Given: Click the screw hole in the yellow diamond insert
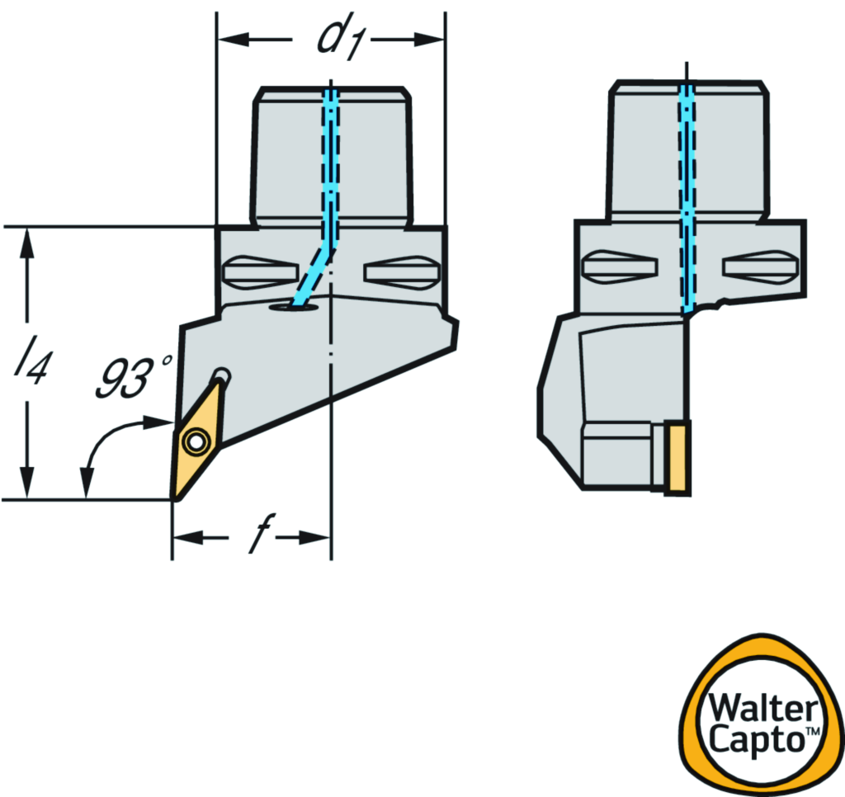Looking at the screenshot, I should click(196, 442).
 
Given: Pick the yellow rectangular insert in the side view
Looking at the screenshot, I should click(677, 458).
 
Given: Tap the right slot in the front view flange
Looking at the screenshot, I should click(402, 271).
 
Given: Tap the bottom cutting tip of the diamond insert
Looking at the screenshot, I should click(175, 496).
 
